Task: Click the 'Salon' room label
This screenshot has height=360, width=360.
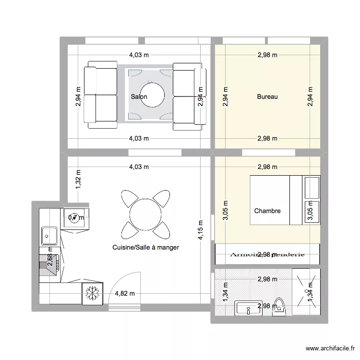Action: click(139, 96)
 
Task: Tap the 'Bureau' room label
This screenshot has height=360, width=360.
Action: click(267, 96)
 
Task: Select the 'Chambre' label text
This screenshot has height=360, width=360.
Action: click(267, 211)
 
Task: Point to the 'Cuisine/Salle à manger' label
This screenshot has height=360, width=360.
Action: click(145, 247)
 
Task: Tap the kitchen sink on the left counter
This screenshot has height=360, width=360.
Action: click(49, 235)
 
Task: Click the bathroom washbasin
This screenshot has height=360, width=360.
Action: click(248, 309)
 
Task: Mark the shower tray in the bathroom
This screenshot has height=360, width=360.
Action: click(305, 292)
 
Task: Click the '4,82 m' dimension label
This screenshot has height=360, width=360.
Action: click(124, 294)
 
